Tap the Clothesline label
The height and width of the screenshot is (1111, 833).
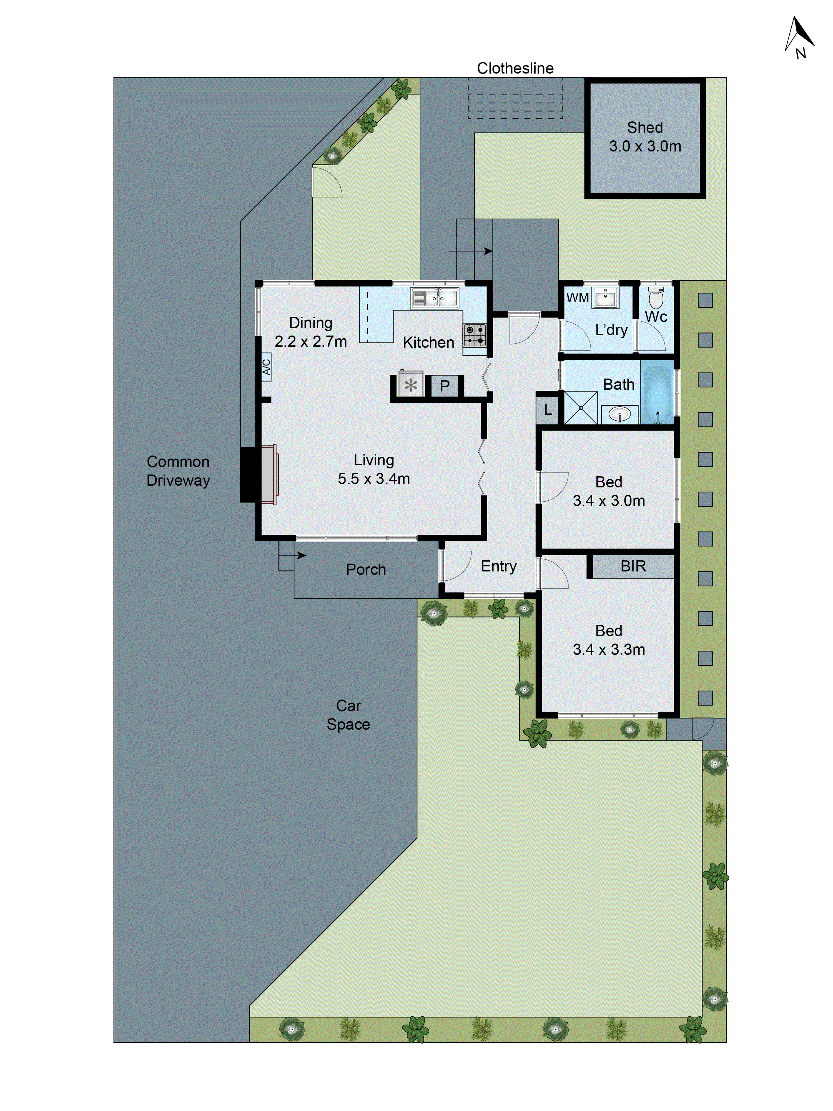point(515,68)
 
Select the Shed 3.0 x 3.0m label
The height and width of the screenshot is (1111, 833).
point(645,137)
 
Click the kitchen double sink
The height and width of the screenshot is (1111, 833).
point(435,298)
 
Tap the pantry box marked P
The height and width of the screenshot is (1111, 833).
point(444,386)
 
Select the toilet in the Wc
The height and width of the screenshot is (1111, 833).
point(656,298)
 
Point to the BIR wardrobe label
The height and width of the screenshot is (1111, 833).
point(633,566)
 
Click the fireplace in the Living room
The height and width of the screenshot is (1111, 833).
point(269,475)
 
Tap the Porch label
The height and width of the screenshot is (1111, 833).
point(365,570)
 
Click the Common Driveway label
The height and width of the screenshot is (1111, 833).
point(178,471)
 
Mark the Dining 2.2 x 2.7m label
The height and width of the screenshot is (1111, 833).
point(310,332)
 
